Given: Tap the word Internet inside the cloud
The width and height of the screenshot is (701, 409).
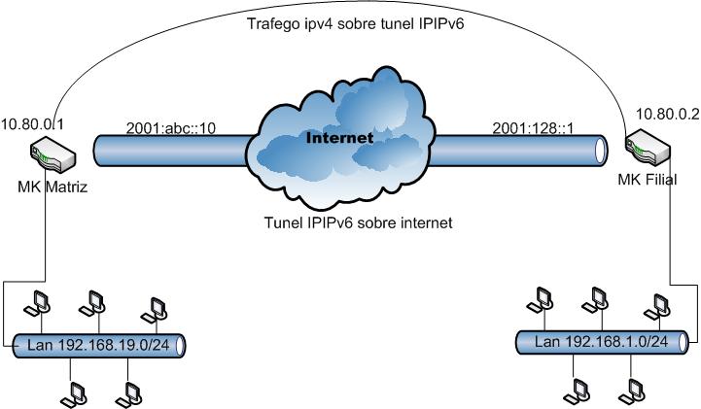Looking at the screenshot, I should tap(339, 138).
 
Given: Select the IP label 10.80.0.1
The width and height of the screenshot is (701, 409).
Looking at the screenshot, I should tap(32, 123).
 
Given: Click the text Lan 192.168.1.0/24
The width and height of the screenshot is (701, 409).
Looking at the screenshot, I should tap(601, 341).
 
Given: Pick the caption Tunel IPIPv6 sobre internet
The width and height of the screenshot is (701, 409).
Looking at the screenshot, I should tap(359, 222).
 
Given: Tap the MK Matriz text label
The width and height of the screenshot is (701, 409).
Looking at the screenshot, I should tap(53, 187).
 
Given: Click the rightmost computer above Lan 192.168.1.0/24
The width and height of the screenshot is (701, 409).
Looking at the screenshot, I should tap(661, 302).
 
